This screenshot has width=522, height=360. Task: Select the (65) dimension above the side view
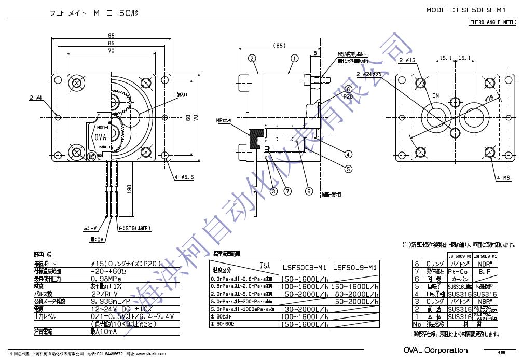pos(279,46)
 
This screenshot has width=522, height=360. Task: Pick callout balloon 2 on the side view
pos(252,58)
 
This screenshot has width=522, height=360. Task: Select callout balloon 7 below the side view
pos(287,191)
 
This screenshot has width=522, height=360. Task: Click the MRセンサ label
pos(226,120)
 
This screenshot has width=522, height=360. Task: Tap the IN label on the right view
pos(436,96)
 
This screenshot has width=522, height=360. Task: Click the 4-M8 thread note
pos(504,178)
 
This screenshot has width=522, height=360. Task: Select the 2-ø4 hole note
pos(36,97)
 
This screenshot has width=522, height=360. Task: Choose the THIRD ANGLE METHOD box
pos(494,22)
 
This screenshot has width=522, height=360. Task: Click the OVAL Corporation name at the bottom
pos(435,350)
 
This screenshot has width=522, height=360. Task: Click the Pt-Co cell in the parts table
pos(460,271)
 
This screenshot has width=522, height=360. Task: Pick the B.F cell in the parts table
pos(486,271)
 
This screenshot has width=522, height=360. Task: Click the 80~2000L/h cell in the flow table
pos(354,294)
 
